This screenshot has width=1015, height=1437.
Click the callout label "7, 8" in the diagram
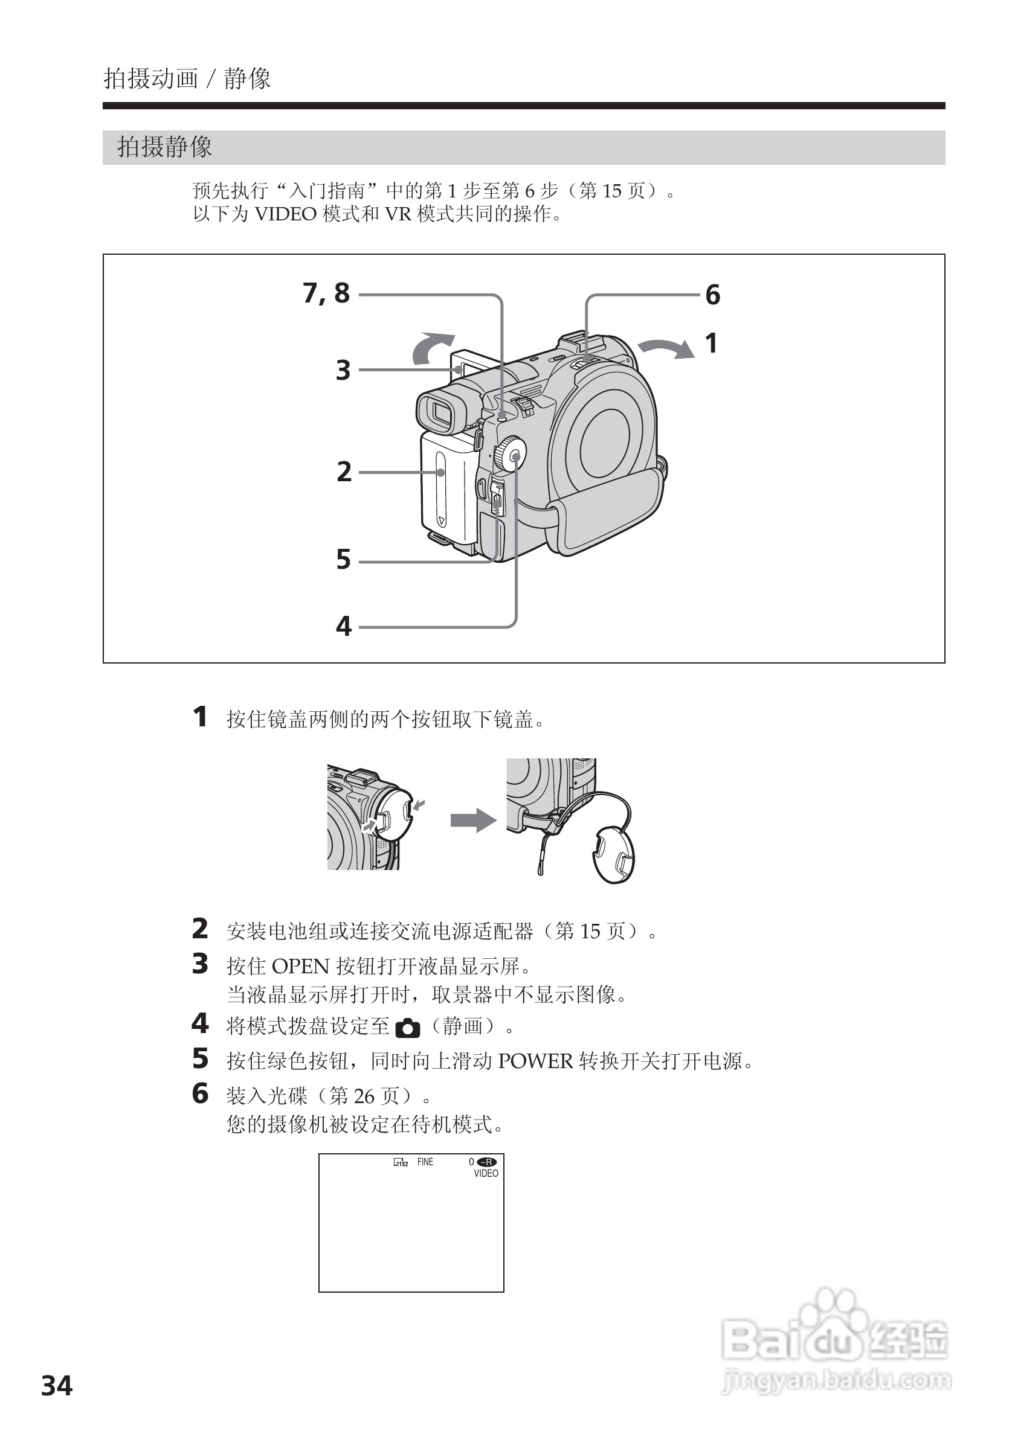coord(326,293)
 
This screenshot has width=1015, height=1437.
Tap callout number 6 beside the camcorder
coord(712,295)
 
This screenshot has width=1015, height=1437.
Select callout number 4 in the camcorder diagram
coord(344,626)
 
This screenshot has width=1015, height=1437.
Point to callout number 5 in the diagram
coord(344,560)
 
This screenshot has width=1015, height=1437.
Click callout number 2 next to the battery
coord(344,472)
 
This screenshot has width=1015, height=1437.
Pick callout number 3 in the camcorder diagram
coord(343,370)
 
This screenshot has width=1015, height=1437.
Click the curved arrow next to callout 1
coord(668,348)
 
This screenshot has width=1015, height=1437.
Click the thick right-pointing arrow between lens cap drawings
coord(472,820)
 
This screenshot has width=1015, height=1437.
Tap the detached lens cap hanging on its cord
coord(613,854)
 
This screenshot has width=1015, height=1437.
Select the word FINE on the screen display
coord(425,1162)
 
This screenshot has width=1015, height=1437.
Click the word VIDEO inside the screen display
coord(486,1174)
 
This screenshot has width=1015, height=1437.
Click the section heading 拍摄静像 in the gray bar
coord(165,147)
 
